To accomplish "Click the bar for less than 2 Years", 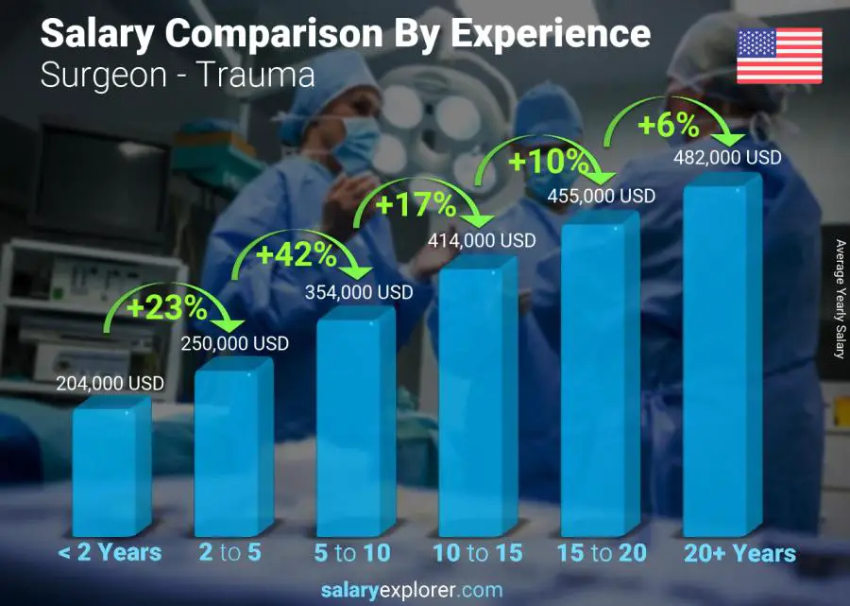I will tap(110, 468).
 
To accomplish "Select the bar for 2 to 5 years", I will tap(232, 449).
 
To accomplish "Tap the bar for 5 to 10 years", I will tap(354, 425).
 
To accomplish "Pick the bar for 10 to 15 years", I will tap(477, 402).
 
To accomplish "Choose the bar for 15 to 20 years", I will tap(599, 378).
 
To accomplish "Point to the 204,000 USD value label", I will tap(111, 383).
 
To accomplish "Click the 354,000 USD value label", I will tap(359, 293).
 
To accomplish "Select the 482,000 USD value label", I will tap(727, 158).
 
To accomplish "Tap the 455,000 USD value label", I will tap(601, 196).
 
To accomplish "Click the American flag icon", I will tap(779, 56).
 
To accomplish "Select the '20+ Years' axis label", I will tap(740, 553).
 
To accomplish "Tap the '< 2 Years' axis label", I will tap(110, 553).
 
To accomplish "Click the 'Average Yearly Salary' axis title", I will tap(839, 299).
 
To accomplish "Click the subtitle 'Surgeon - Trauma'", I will tap(178, 74).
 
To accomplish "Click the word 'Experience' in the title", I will tap(550, 33).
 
